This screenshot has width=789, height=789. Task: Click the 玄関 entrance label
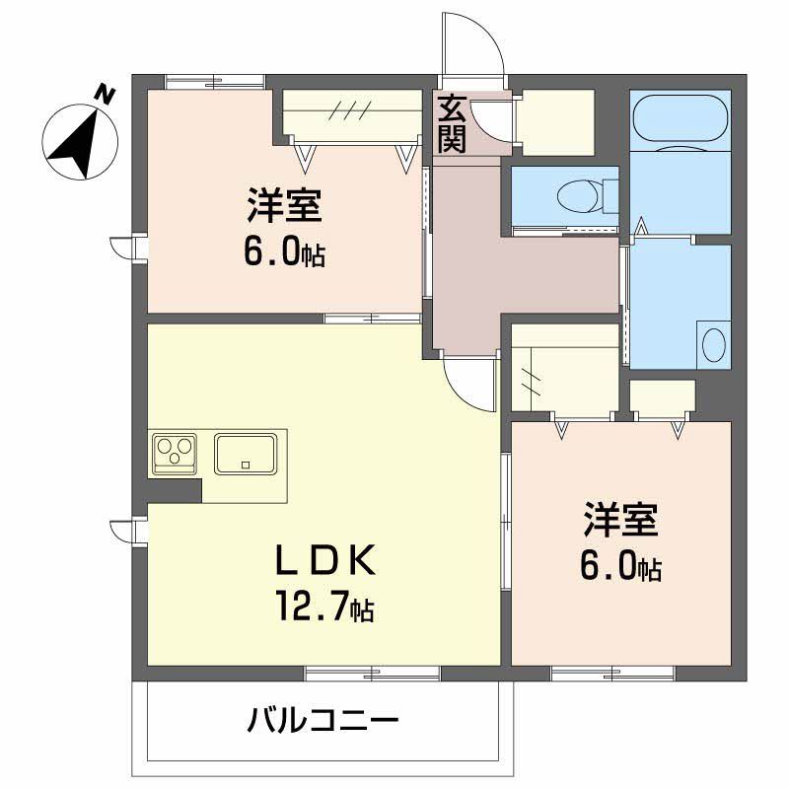tap(452, 123)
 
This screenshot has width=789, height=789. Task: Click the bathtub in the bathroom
tap(680, 120)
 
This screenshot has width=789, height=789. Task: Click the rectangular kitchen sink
tap(246, 454)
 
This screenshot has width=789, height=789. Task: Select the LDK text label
tap(323, 562)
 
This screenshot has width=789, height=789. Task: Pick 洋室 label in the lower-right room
tap(619, 519)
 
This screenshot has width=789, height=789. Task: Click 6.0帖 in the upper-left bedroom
tap(284, 253)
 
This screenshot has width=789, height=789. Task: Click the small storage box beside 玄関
tap(556, 122)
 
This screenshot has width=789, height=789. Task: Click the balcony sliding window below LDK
tap(372, 674)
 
